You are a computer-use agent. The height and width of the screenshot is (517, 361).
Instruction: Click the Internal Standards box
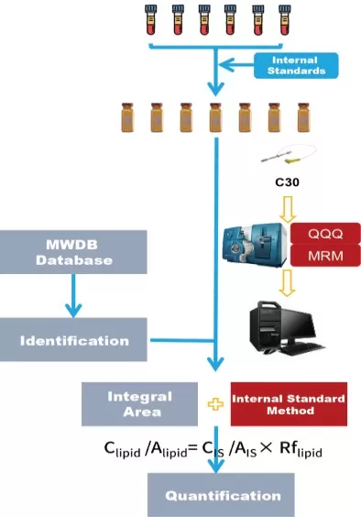295,65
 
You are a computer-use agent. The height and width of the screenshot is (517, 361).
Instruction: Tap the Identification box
73,340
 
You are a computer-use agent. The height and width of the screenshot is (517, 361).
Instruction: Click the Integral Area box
139,403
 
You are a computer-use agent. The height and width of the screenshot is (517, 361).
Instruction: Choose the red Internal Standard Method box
288,404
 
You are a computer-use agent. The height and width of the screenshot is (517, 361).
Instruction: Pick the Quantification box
223,495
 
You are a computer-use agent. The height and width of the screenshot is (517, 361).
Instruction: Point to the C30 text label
288,181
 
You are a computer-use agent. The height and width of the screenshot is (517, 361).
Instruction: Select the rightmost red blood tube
286,18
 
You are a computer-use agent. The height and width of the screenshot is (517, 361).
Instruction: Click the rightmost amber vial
303,119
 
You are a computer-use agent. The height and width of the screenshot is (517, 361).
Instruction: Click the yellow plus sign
215,404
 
